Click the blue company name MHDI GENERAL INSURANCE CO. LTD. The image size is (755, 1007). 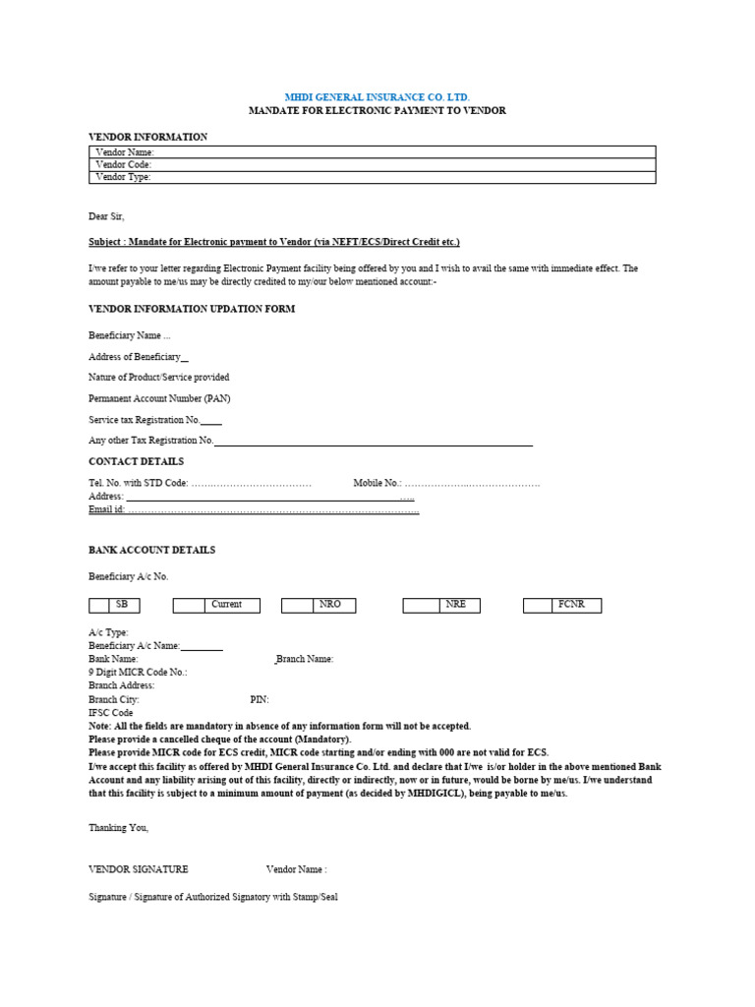(377, 97)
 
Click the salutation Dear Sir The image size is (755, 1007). (107, 216)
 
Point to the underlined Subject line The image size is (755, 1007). (273, 242)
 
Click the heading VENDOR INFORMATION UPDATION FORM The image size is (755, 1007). (192, 309)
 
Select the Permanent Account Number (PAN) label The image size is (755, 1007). (159, 398)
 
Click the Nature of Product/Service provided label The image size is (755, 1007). (159, 378)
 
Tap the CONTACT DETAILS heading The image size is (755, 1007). (136, 461)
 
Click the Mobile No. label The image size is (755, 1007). (377, 483)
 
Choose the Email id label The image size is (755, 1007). (107, 510)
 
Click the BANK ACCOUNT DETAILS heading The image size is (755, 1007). (151, 550)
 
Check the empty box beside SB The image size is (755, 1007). (99, 606)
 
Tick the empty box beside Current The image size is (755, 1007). (188, 606)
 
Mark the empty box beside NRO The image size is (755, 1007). (296, 606)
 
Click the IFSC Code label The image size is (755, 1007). (111, 713)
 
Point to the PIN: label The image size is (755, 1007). (260, 700)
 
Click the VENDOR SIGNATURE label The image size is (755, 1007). (139, 869)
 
